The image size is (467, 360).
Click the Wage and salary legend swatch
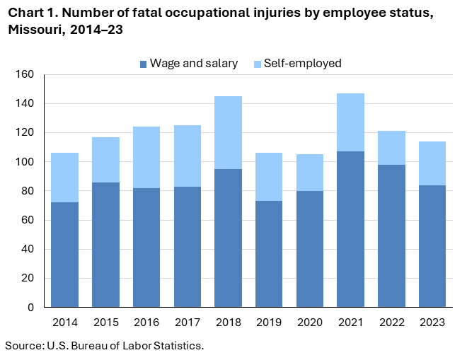tap(144, 64)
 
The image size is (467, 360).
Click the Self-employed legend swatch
tap(257, 64)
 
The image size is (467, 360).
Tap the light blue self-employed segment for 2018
tap(228, 132)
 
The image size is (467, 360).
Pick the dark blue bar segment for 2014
tap(64, 255)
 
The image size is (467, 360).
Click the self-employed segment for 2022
tap(391, 148)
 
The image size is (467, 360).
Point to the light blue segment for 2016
tap(146, 157)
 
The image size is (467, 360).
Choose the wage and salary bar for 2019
tap(269, 254)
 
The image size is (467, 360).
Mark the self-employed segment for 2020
tap(309, 173)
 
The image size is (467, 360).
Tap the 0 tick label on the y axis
tap(30, 308)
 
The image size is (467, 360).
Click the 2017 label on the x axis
tap(187, 323)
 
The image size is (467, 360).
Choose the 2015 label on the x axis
tap(105, 323)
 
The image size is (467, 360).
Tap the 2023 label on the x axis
tap(432, 323)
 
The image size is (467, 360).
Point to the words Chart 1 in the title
tap(29, 12)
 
